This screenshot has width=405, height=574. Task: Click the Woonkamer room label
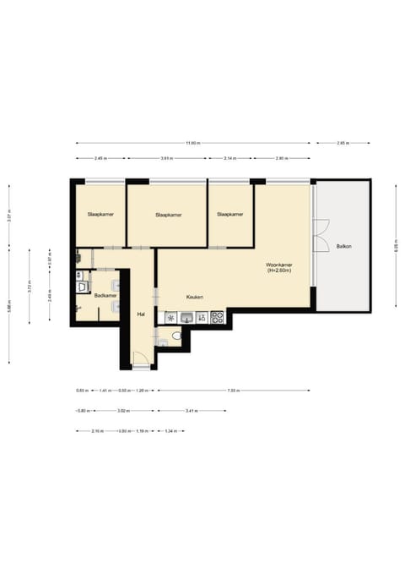click(x=279, y=265)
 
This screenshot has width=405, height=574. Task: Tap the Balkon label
click(x=343, y=247)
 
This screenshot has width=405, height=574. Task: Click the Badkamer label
click(x=105, y=295)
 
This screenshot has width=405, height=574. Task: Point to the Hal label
click(x=141, y=314)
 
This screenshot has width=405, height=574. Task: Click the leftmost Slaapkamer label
click(x=100, y=215)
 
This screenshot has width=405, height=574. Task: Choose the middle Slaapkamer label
click(x=170, y=215)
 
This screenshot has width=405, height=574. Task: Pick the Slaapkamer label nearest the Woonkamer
click(x=230, y=215)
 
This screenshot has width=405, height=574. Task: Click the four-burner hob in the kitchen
click(x=217, y=318)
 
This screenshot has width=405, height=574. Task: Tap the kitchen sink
click(x=171, y=318)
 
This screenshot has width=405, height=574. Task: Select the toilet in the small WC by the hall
click(x=175, y=336)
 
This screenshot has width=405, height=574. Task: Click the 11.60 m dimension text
click(x=193, y=143)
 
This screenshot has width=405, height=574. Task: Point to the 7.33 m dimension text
click(x=233, y=391)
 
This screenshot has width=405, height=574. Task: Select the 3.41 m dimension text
click(x=192, y=411)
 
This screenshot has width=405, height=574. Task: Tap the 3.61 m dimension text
click(x=167, y=158)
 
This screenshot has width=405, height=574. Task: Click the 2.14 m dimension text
click(x=229, y=158)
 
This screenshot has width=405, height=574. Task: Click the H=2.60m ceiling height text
click(x=279, y=271)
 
